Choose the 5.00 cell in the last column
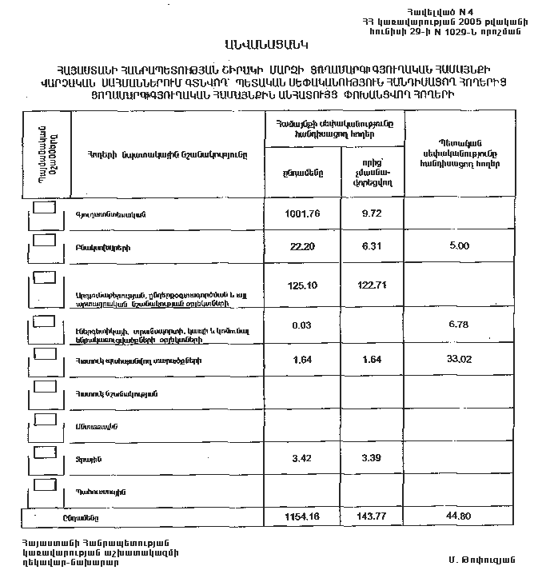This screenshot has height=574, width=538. click(458, 246)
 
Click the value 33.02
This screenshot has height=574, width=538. click(458, 360)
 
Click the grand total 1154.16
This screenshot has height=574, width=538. click(301, 517)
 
